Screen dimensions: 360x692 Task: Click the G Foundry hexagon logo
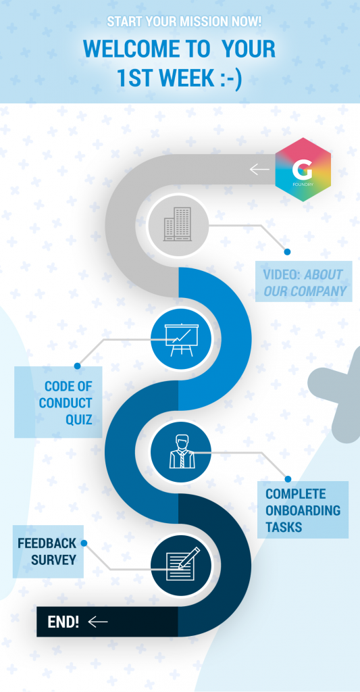(303, 170)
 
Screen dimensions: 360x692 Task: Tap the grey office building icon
(178, 224)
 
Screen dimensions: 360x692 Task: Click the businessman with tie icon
(181, 451)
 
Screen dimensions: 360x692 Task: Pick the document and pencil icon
(182, 564)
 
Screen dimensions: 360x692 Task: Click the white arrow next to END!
(97, 622)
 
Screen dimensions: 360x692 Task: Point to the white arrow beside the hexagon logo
(259, 169)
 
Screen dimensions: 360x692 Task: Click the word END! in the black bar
(63, 622)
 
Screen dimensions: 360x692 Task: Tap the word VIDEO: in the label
(282, 274)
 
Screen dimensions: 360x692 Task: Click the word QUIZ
(79, 419)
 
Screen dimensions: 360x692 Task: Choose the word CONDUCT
(66, 403)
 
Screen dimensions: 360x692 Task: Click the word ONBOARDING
(303, 510)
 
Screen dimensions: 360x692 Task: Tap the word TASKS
(284, 527)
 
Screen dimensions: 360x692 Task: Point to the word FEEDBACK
(47, 543)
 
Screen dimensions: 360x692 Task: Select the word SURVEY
(54, 560)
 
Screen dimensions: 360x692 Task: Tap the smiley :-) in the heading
(230, 78)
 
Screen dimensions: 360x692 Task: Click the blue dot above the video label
(287, 251)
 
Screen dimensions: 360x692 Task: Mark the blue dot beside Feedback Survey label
(84, 543)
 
